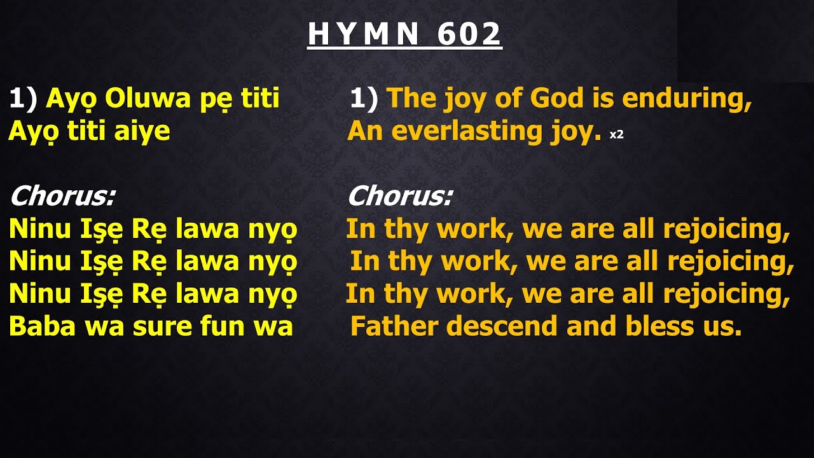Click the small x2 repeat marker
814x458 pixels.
[x=616, y=135]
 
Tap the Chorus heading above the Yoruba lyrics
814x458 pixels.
[x=62, y=197]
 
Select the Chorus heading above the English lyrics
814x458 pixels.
[x=399, y=197]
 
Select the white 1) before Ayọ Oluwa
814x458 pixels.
[x=23, y=99]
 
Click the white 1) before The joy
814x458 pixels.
[x=364, y=99]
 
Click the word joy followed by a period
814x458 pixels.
[x=575, y=132]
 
